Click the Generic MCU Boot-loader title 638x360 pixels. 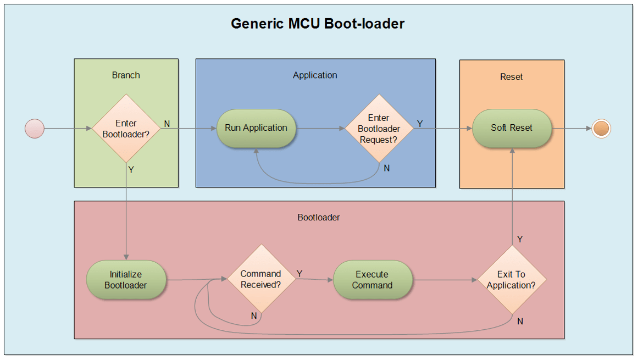click(317, 24)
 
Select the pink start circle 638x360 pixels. click(35, 129)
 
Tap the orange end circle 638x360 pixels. click(601, 129)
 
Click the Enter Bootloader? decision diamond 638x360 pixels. click(126, 129)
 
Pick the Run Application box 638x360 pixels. click(256, 128)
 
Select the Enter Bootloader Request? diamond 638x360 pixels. click(379, 129)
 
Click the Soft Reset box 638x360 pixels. click(512, 128)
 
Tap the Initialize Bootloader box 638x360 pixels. click(126, 280)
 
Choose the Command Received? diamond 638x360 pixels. click(260, 279)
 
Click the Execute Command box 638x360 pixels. click(373, 280)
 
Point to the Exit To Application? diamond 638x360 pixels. click(511, 280)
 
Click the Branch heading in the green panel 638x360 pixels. click(126, 75)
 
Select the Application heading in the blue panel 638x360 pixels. click(315, 75)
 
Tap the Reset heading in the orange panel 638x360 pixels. click(511, 77)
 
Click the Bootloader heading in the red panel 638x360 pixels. click(319, 218)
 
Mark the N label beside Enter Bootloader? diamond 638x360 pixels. click(167, 124)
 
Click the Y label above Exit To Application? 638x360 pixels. click(520, 240)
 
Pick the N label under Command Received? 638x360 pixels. click(254, 316)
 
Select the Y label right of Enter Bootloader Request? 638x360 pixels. click(420, 124)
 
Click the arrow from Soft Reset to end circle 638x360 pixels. click(572, 129)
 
